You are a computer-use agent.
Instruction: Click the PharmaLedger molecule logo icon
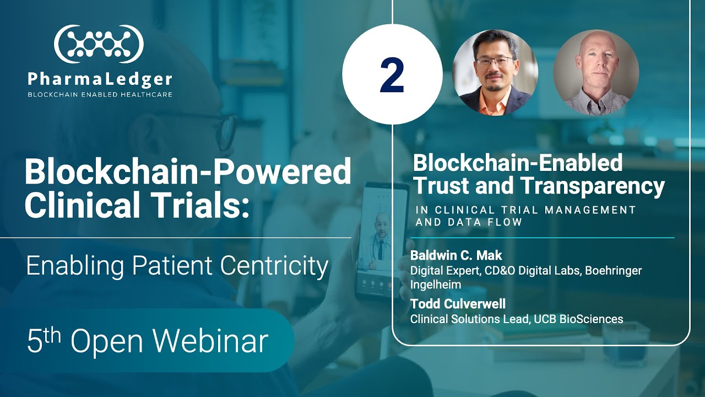tap(99, 44)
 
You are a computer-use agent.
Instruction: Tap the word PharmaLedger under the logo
tap(100, 79)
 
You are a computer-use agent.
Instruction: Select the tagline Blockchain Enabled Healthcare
tap(100, 94)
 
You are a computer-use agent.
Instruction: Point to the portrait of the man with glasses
tap(495, 72)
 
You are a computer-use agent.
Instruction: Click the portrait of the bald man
tap(596, 72)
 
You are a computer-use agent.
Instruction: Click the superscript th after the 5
tap(53, 332)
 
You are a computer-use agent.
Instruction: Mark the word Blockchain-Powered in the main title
tap(187, 171)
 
